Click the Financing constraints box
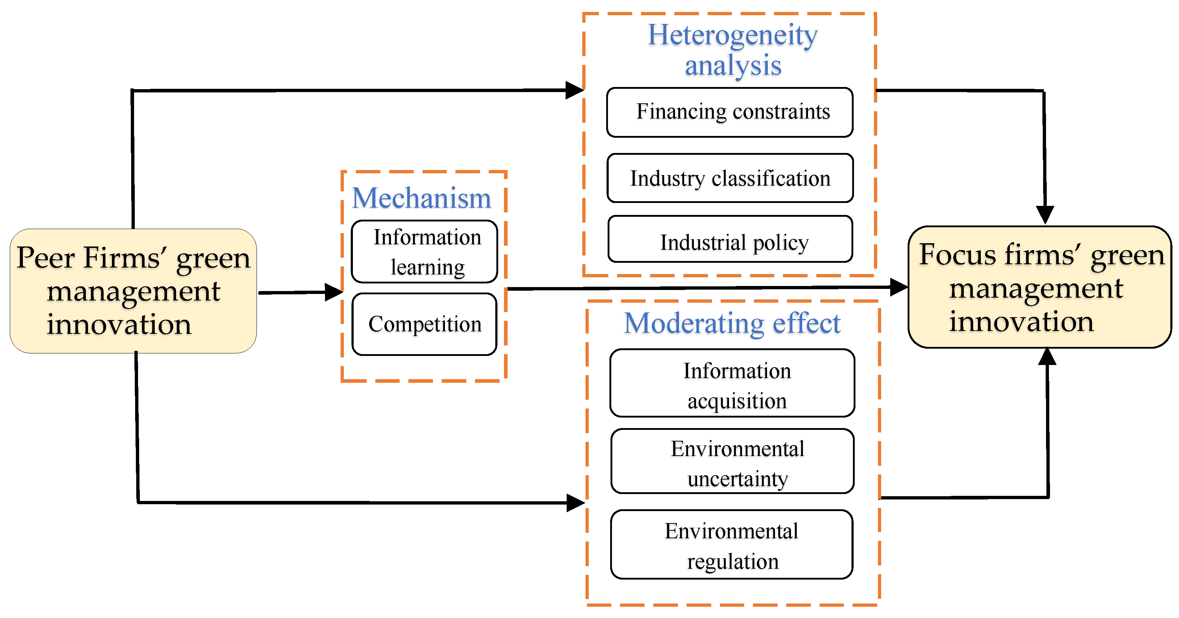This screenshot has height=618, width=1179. [730, 112]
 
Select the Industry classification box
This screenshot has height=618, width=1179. [730, 178]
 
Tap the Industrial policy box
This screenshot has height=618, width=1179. [730, 239]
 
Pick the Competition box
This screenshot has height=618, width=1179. [424, 324]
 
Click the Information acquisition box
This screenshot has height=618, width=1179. [732, 383]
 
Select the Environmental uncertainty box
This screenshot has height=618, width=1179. [732, 461]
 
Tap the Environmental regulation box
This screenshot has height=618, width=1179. [732, 545]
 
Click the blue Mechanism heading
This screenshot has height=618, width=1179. [421, 198]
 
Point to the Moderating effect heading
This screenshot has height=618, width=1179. [732, 323]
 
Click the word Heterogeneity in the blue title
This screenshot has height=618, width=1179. [732, 35]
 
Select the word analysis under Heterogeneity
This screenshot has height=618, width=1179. [733, 66]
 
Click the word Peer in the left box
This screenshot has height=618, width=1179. [45, 258]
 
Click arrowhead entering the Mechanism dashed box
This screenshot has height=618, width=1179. [334, 292]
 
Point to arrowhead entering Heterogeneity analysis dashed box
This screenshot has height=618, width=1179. [574, 90]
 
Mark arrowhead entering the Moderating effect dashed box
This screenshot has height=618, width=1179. [576, 503]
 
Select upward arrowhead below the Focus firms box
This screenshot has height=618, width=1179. [1047, 357]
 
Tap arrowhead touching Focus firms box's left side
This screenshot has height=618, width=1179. [899, 287]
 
